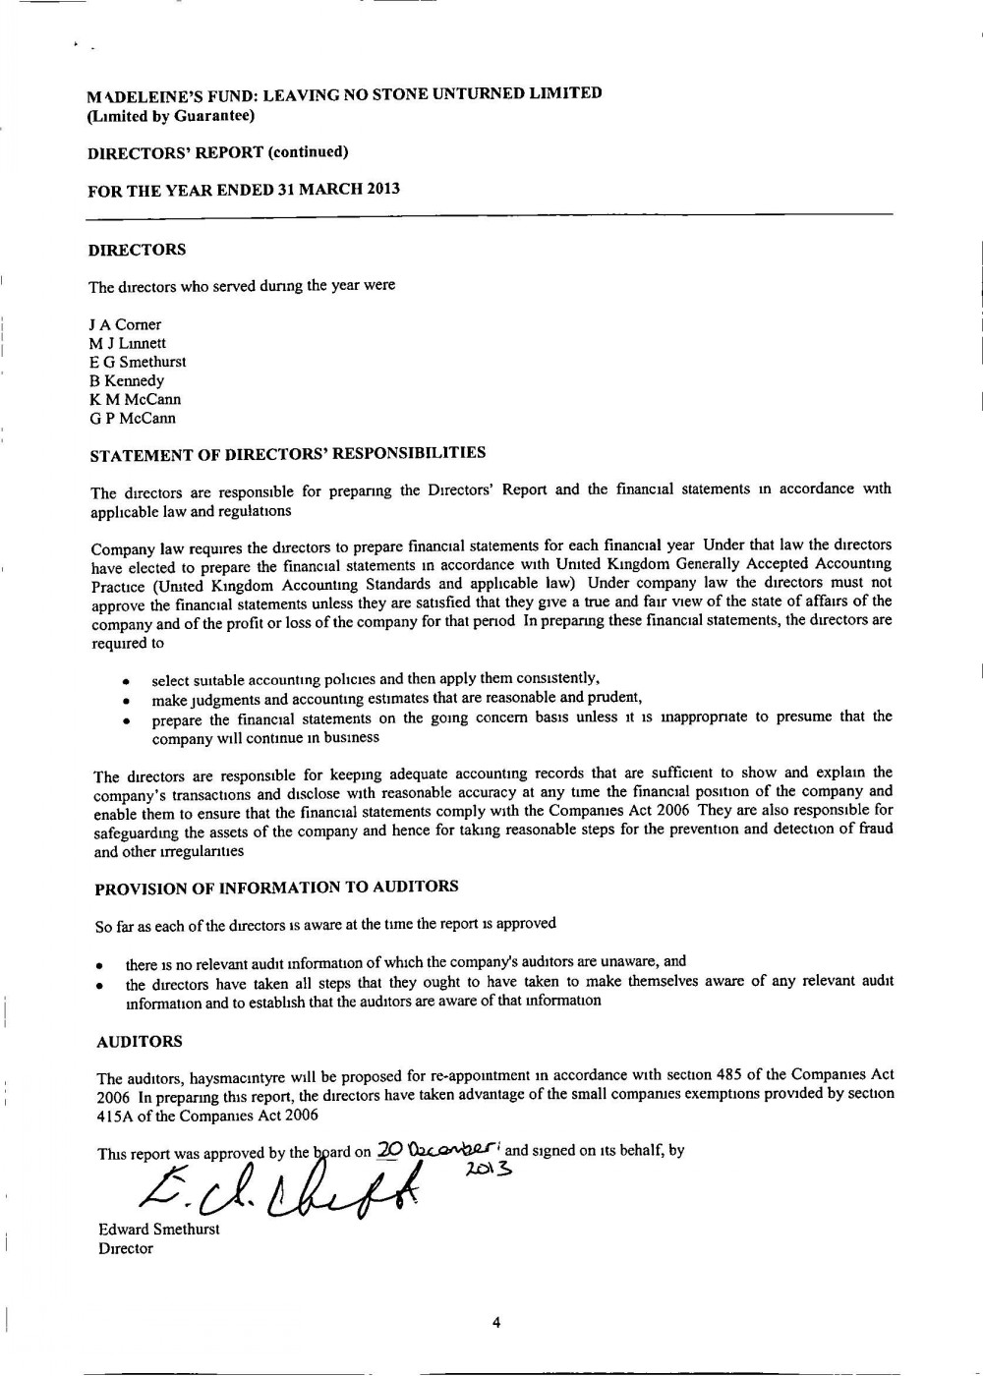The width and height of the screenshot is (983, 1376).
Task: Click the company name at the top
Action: pos(344,94)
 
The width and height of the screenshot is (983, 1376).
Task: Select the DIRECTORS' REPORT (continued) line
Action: pos(217,152)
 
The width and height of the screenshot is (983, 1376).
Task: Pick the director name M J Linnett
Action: pos(127,343)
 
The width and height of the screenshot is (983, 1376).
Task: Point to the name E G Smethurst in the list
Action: pos(137,362)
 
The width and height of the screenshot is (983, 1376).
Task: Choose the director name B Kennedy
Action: pos(126,380)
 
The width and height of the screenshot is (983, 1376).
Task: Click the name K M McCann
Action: pos(135,399)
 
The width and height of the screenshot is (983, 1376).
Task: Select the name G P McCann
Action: pos(132,418)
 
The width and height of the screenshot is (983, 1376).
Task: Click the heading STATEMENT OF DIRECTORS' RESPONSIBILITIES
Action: pos(287,454)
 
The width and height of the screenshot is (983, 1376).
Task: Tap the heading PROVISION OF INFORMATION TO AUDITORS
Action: pos(276,888)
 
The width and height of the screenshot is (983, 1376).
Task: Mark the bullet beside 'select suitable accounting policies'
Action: pos(126,681)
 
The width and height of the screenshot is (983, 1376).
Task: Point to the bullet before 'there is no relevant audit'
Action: pos(100,965)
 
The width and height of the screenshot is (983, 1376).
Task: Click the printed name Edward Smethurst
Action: pos(158,1230)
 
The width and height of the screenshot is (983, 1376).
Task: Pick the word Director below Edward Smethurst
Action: pos(125,1248)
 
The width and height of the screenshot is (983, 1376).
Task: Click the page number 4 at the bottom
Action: pos(495,1323)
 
